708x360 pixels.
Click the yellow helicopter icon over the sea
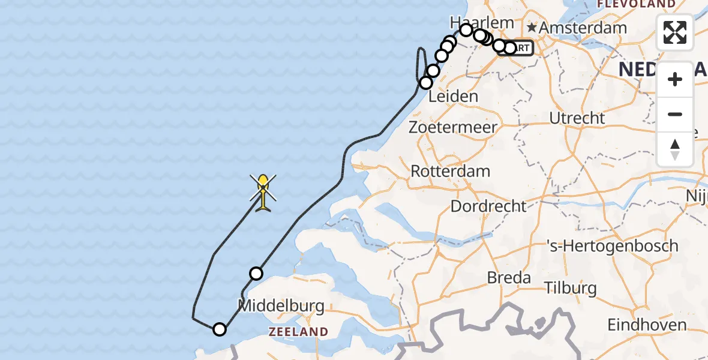(x=263, y=191)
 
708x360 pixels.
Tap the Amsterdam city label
(x=583, y=28)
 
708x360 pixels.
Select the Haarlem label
(x=482, y=22)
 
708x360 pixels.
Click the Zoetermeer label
(x=453, y=127)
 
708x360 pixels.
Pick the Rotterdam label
(x=450, y=171)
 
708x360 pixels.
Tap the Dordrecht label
(x=488, y=206)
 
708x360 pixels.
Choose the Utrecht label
(x=577, y=118)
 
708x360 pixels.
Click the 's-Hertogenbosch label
(x=612, y=245)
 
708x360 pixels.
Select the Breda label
(x=509, y=278)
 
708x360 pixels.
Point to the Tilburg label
(x=571, y=288)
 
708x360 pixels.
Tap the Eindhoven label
(x=647, y=325)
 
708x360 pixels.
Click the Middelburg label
(x=281, y=305)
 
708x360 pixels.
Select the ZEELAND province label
(x=298, y=332)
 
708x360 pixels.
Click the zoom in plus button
(x=675, y=79)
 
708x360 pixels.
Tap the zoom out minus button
(x=675, y=114)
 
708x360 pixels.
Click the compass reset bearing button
(x=675, y=149)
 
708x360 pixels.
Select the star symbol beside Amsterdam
(x=532, y=28)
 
